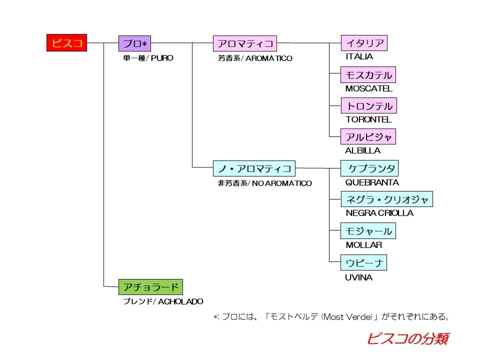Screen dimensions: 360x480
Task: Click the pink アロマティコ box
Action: point(244,43)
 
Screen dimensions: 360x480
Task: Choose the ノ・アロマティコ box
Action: point(254,168)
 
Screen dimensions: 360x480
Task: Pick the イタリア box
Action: point(364,43)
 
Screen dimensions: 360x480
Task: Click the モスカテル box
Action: point(368,75)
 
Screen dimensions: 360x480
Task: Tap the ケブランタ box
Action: point(370,168)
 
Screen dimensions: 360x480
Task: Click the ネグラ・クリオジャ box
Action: point(387,199)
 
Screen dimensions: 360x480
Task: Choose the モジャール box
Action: point(368,231)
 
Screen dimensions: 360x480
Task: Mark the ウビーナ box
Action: point(364,262)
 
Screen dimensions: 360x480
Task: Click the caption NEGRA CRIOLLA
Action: point(379,213)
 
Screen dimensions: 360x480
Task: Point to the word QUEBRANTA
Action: point(372,182)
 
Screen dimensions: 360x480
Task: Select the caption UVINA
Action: point(358,277)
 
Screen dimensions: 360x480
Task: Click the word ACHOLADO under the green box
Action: point(180,301)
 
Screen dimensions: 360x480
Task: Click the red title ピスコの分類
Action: point(407,338)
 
